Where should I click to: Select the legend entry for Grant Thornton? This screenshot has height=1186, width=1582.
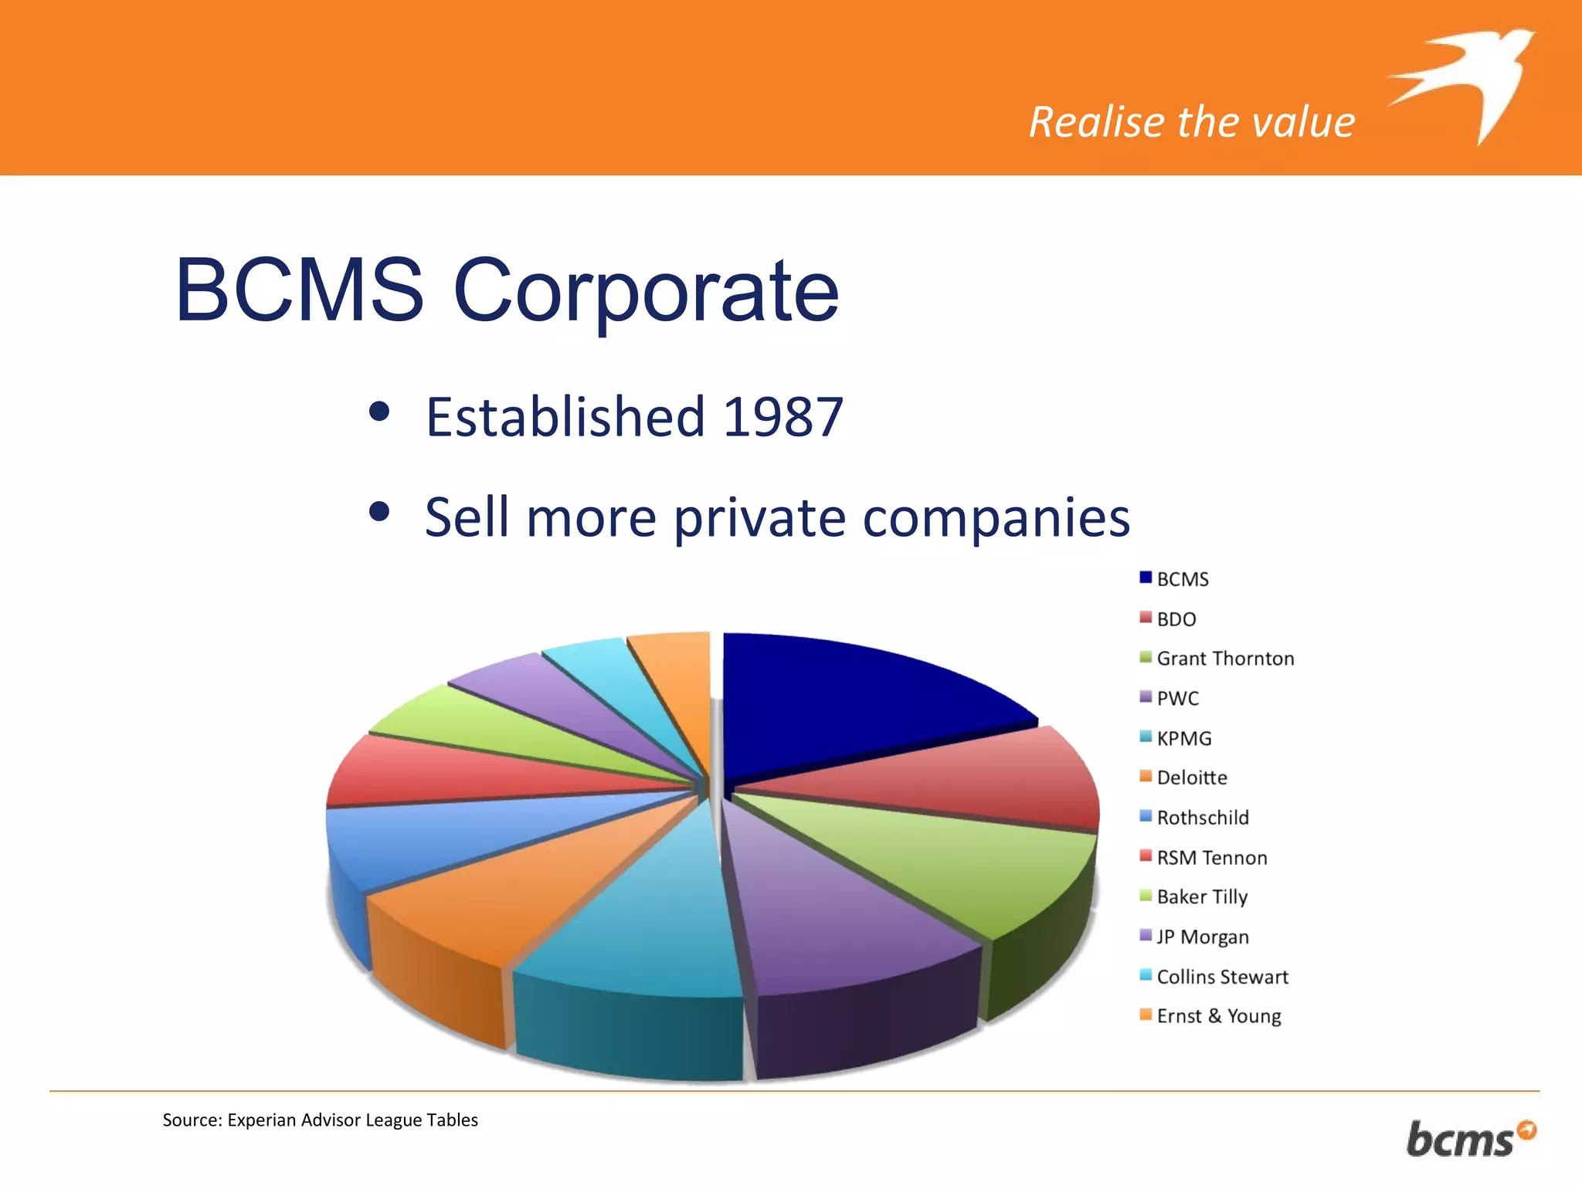tap(1224, 659)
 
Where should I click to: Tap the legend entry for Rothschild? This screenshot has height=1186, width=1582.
tap(1202, 818)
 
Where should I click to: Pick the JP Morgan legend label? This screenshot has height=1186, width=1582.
tap(1202, 937)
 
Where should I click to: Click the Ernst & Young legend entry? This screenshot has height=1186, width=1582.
tap(1218, 1016)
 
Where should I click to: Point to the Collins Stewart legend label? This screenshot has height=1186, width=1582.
tap(1222, 977)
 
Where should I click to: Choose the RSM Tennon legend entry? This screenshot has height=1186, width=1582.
tap(1211, 858)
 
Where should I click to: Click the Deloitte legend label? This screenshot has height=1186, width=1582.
tap(1191, 778)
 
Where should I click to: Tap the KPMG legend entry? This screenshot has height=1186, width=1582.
tap(1183, 738)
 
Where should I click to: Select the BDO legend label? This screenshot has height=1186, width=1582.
tap(1176, 619)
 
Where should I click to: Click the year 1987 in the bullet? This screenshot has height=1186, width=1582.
tap(783, 418)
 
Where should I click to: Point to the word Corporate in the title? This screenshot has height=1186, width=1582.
tap(646, 291)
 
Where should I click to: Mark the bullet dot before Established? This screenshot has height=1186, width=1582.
tap(379, 411)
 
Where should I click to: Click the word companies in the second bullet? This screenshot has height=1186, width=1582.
tap(996, 517)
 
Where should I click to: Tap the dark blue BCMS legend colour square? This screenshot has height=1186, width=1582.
tap(1146, 578)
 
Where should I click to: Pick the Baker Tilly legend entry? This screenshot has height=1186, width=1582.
tap(1201, 897)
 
